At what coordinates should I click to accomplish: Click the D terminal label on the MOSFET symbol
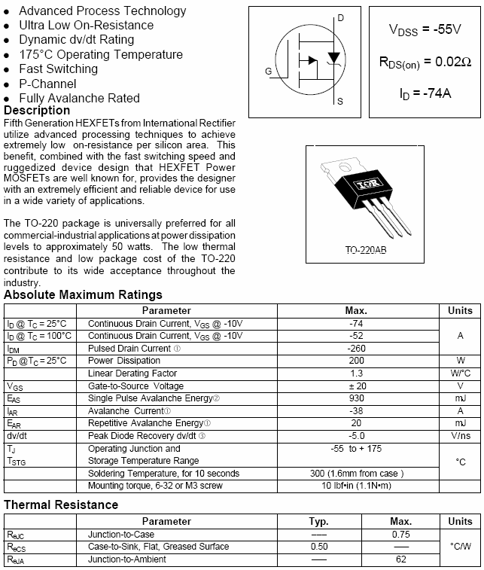click(340, 17)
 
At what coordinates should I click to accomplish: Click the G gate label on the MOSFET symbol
click(269, 71)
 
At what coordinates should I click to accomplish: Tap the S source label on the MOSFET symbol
click(340, 101)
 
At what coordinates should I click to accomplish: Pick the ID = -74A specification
click(425, 93)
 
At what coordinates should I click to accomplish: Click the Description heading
click(37, 111)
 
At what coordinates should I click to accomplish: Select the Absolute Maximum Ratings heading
click(83, 294)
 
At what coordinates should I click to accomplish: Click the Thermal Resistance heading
click(61, 504)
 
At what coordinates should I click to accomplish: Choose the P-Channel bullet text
click(47, 84)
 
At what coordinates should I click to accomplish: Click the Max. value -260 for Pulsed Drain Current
click(356, 349)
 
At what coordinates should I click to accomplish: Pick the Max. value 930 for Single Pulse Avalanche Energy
click(356, 398)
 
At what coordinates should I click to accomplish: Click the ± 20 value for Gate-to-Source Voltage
click(356, 386)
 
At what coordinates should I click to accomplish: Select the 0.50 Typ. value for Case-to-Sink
click(319, 546)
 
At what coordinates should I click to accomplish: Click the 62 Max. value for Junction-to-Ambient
click(400, 559)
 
